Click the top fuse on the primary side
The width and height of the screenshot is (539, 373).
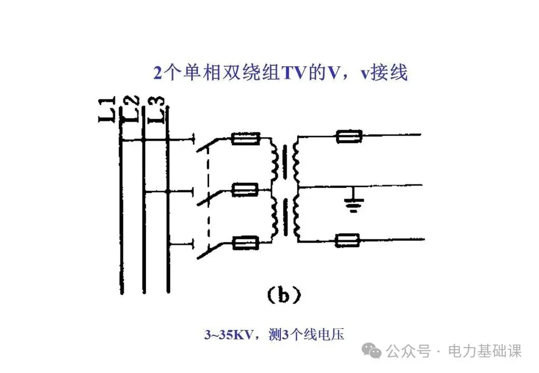point(245,139)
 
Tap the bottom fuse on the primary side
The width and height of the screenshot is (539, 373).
point(245,241)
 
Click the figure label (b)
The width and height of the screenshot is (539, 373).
point(283,295)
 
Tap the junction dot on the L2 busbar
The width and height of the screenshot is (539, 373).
point(143,140)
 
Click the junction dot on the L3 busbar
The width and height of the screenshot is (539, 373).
point(167,191)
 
